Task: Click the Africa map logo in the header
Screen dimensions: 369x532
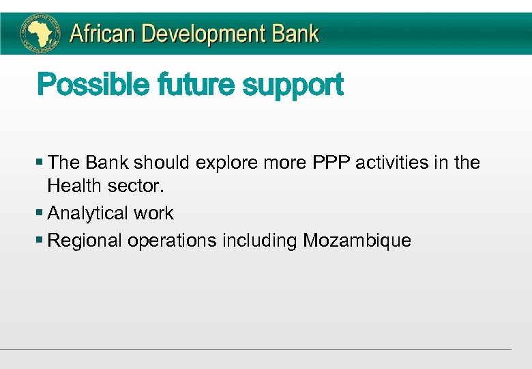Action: pos(42,33)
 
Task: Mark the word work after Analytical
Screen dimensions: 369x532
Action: pos(153,213)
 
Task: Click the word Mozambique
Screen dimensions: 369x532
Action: pos(357,241)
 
